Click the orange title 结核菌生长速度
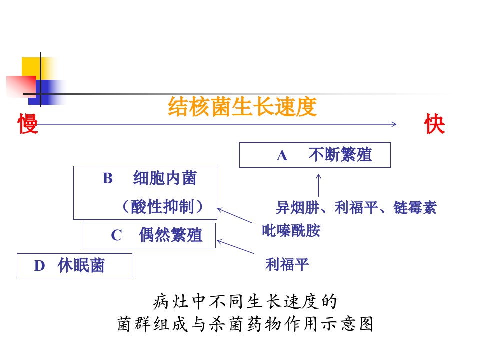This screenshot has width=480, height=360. pos(242,107)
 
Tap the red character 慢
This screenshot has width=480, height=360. pos(28,123)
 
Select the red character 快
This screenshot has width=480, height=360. pos(434,123)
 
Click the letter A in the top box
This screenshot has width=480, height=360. pos(282,156)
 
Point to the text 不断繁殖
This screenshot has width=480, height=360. pos(340,155)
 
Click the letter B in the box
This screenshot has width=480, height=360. pos(108,179)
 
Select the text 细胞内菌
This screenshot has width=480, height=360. pos(165,178)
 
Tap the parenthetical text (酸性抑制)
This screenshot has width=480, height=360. pos(162,206)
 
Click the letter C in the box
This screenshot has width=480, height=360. pos(116,235)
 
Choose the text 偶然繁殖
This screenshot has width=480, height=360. pos(171,235)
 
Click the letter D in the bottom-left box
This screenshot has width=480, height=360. pos(40,266)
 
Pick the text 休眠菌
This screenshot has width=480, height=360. pos(81,265)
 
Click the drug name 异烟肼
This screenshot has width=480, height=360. pos(298,208)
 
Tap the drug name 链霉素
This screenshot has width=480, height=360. pos(415,208)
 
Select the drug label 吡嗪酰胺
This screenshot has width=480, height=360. pos(291,231)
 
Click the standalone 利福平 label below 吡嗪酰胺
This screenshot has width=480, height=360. pos(287,265)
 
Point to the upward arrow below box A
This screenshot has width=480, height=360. pos(318,185)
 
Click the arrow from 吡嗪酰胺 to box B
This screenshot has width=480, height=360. pos(235,215)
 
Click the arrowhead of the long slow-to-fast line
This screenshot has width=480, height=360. pos(394,124)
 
